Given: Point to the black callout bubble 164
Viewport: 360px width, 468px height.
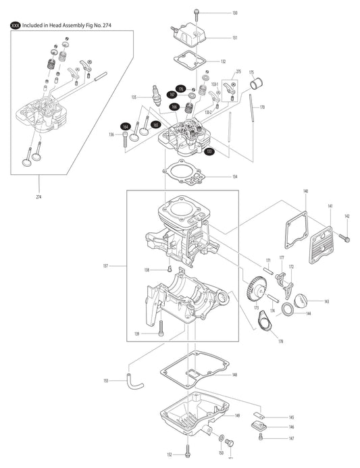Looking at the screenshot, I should pyautogui.click(x=126, y=126).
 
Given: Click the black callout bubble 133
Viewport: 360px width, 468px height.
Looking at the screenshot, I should pyautogui.click(x=210, y=151).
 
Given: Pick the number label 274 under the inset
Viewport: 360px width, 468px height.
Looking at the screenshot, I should pyautogui.click(x=38, y=197).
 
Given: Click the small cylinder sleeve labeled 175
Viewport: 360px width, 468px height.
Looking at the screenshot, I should pyautogui.click(x=256, y=86).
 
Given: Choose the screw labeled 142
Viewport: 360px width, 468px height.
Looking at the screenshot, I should pyautogui.click(x=344, y=237).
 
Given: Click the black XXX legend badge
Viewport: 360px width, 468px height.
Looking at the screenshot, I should pyautogui.click(x=14, y=26).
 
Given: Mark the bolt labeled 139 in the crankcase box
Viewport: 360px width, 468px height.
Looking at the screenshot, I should pyautogui.click(x=161, y=329).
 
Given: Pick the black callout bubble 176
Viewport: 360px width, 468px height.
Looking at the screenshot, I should pyautogui.click(x=180, y=89).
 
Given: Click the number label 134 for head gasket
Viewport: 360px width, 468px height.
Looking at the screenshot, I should pyautogui.click(x=234, y=176).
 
